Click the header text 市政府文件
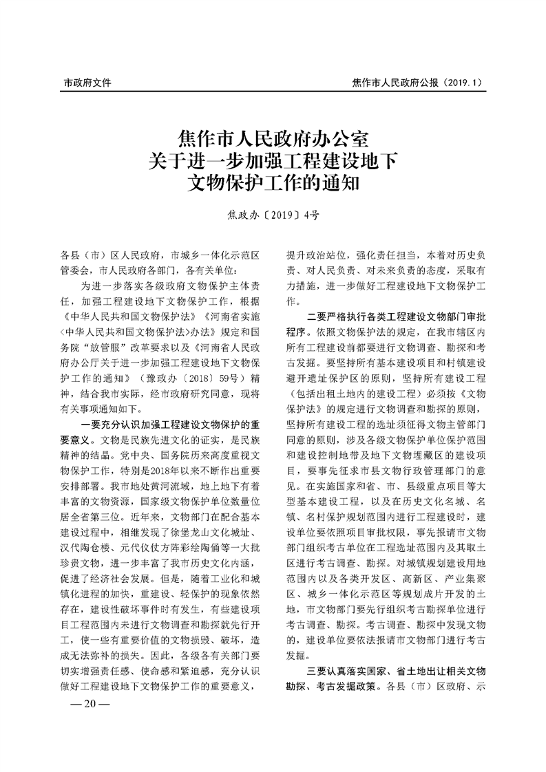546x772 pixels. tap(87, 83)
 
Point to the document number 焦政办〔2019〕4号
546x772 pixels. tap(273, 215)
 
